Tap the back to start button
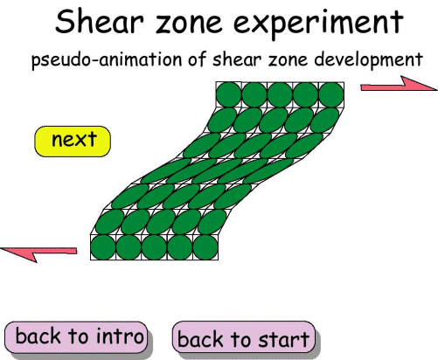tap(243, 338)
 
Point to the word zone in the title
tap(207, 24)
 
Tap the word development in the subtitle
tap(366, 61)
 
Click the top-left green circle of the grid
tap(229, 93)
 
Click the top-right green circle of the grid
tap(331, 93)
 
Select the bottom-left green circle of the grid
tap(103, 247)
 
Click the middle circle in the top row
tap(281, 93)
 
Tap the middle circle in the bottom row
tap(155, 247)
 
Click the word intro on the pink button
tap(119, 336)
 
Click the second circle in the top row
tap(254, 93)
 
